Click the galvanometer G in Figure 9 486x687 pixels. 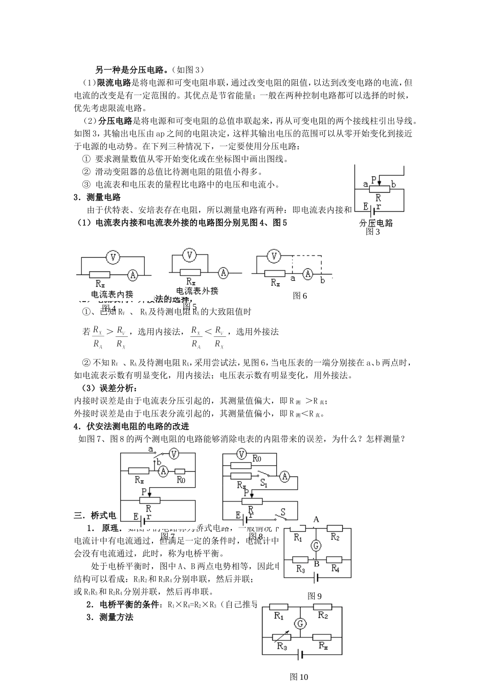316,546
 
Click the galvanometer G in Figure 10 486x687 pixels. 300,624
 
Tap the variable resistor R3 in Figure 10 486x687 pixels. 280,637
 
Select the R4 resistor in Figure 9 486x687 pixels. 334,560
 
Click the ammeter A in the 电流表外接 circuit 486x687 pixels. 224,273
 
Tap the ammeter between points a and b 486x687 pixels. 307,274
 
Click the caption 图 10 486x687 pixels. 299,677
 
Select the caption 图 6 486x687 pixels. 300,295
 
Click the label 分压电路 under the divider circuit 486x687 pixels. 375,223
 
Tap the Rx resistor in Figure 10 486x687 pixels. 322,637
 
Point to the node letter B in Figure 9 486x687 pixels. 316,564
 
